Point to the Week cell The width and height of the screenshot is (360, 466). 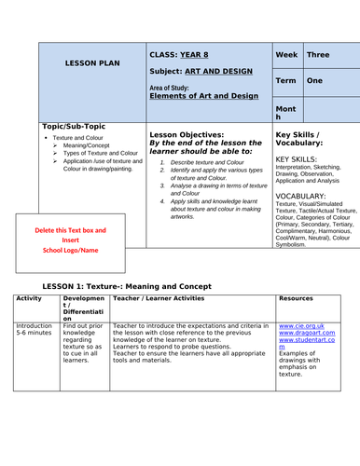(287, 55)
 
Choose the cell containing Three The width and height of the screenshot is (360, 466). (319, 55)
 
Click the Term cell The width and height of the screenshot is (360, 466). (287, 81)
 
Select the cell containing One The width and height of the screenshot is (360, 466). (315, 81)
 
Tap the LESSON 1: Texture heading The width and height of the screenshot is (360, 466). (116, 285)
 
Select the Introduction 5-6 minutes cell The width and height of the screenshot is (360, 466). (35, 331)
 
